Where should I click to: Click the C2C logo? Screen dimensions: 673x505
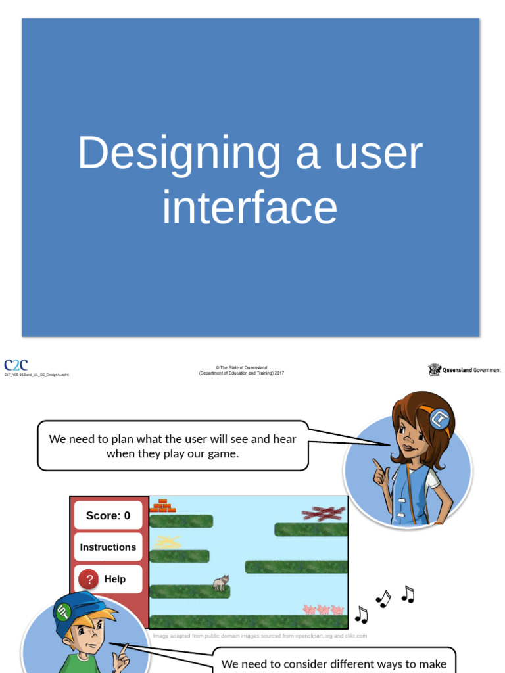tap(16, 365)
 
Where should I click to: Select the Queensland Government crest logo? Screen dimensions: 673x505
tap(435, 370)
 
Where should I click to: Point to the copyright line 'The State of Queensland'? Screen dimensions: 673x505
tap(242, 367)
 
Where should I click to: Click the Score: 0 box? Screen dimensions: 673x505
tap(108, 515)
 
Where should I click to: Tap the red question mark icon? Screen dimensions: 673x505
tap(89, 579)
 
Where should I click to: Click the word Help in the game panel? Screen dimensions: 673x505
tap(114, 579)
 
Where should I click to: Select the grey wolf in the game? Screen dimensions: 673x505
tap(220, 582)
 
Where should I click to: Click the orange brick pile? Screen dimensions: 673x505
tap(162, 506)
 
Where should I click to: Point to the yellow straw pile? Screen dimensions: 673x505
tap(167, 542)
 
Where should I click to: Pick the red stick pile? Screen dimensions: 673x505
tap(323, 513)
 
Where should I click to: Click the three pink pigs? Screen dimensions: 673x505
tap(324, 610)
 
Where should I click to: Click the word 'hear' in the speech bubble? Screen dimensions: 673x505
tap(285, 439)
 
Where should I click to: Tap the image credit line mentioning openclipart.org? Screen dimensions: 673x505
tap(260, 636)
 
